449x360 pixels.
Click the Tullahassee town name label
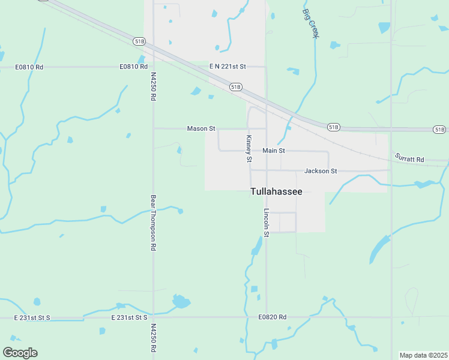click(276, 192)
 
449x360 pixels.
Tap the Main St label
click(273, 151)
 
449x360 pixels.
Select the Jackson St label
click(321, 171)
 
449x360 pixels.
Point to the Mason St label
click(201, 128)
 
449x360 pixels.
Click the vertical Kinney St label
click(249, 148)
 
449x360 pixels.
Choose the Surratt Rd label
click(409, 159)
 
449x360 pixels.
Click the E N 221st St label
click(228, 66)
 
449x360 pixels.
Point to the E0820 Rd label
click(273, 317)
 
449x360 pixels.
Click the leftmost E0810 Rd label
click(29, 67)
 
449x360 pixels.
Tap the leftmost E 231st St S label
click(33, 317)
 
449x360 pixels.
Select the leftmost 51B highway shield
click(139, 41)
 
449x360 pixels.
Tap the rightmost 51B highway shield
click(439, 130)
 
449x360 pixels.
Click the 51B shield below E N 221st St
click(235, 87)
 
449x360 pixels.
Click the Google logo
click(20, 353)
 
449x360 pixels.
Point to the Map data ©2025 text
click(423, 355)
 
